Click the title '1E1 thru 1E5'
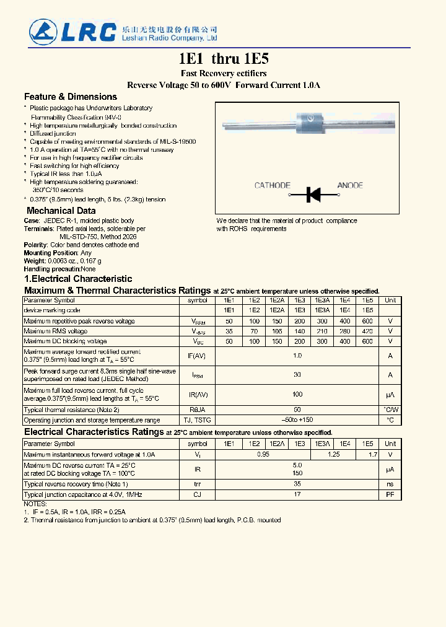click(224, 59)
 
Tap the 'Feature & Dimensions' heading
click(70, 97)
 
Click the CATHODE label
click(272, 185)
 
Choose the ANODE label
click(350, 185)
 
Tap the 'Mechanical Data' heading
click(61, 211)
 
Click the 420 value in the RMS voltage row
click(367, 331)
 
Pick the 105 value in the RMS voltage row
click(276, 331)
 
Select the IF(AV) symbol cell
click(197, 356)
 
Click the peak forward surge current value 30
click(297, 374)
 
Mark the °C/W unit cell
click(390, 410)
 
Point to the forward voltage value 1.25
click(333, 455)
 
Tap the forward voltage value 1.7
click(373, 455)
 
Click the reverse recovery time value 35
click(297, 484)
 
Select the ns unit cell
click(390, 484)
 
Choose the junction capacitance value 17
click(297, 494)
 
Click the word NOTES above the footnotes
click(35, 504)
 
